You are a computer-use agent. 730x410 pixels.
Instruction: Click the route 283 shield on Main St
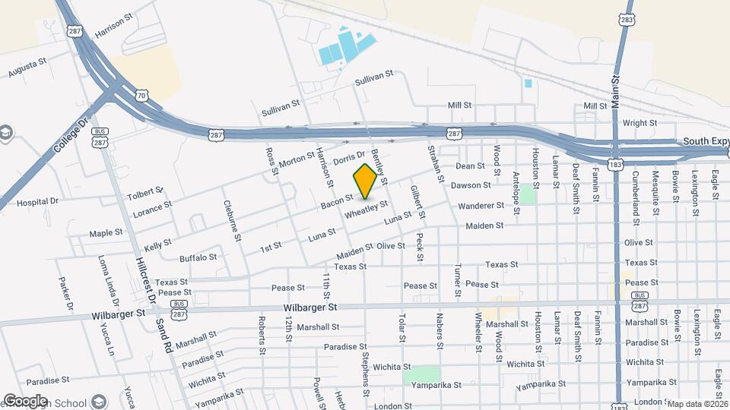[x=627, y=20]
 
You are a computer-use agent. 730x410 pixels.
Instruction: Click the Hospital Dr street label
[x=37, y=202]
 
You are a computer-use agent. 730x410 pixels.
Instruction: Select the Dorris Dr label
[x=350, y=155]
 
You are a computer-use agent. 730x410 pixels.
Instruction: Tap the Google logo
[x=25, y=400]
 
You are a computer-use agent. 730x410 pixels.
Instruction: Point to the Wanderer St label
[x=480, y=206]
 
